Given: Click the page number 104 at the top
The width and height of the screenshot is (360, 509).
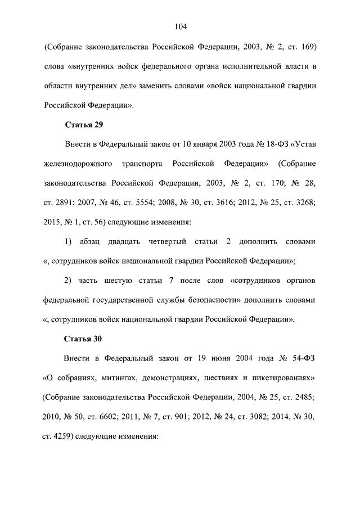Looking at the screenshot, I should [180, 26].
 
